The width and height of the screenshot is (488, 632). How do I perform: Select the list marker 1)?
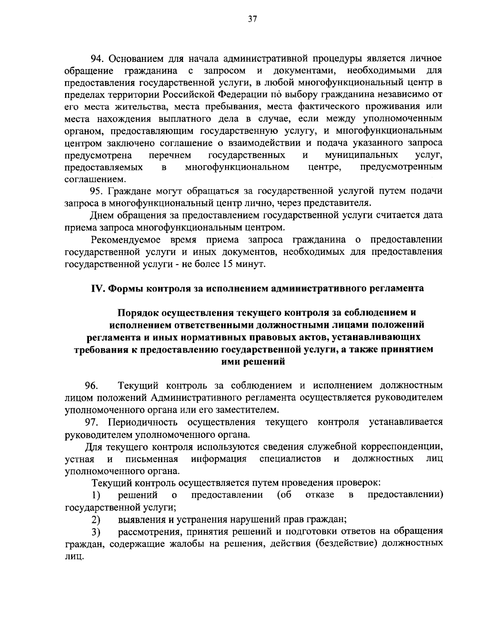tap(96, 495)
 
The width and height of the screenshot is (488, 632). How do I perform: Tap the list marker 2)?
tap(96, 520)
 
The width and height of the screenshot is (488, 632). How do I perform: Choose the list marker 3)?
tap(96, 532)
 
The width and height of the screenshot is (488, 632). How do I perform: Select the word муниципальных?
tap(362, 155)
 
